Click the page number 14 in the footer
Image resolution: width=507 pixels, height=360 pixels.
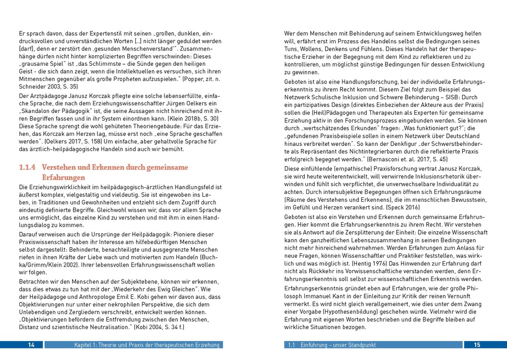[31, 345]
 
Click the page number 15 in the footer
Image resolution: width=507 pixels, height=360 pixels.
[476, 345]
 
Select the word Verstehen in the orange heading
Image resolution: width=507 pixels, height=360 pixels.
[61, 168]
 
